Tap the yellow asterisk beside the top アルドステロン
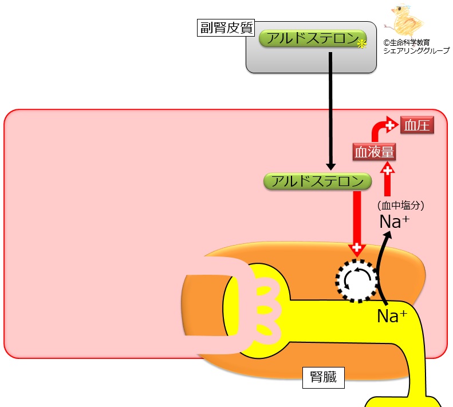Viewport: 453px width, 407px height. tap(361, 44)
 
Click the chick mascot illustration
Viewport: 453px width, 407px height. tap(407, 22)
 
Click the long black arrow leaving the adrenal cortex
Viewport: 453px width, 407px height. tap(331, 109)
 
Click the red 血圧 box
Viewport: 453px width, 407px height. tap(416, 125)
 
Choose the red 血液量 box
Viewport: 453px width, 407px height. tap(375, 153)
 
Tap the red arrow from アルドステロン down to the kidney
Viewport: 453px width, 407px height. tap(357, 223)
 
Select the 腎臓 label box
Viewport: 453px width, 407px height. tap(323, 377)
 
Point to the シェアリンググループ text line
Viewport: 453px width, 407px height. tap(416, 50)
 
